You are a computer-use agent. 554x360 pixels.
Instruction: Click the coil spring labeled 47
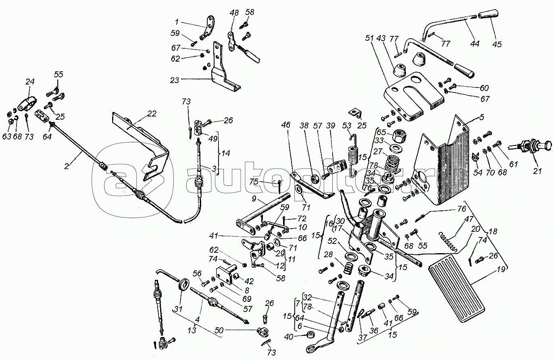(448, 241)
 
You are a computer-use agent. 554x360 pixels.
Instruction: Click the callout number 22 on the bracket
(151, 114)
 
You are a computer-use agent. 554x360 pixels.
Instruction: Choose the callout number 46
(286, 126)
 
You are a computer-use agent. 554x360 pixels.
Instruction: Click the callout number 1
(176, 22)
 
